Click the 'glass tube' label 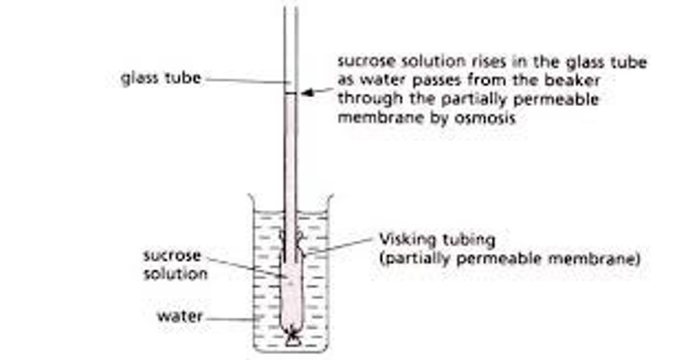coord(161,78)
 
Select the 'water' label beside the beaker coord(180,316)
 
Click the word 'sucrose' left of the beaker coord(172,256)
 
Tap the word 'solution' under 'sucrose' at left coord(175,274)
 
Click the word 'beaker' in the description coord(576,81)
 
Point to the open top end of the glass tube coord(291,8)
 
